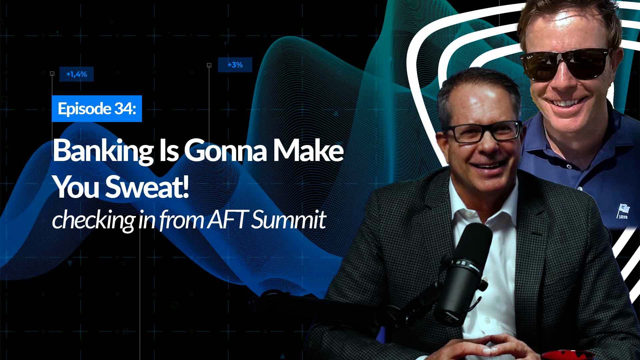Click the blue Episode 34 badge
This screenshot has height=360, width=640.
click(97, 108)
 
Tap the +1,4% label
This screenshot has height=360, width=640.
click(76, 74)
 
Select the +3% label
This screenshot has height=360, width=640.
click(235, 65)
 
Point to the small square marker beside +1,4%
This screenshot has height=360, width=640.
click(52, 73)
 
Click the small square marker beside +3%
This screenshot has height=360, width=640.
click(209, 65)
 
